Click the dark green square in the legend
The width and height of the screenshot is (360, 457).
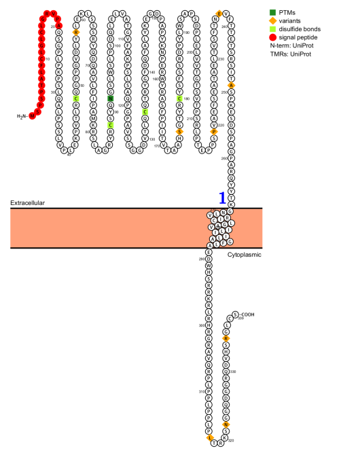272,12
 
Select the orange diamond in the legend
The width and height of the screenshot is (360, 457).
272,20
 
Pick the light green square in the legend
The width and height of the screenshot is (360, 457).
272,29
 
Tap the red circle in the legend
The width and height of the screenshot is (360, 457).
272,37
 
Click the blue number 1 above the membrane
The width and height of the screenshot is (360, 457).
222,198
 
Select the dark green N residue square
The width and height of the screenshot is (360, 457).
110,98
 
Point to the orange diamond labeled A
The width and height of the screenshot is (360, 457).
231,85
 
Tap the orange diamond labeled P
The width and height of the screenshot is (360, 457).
214,132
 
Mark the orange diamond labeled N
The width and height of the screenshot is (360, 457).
226,424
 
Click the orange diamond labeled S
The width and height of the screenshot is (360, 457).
180,132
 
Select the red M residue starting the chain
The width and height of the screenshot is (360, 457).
32,115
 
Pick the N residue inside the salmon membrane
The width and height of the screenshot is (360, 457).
223,213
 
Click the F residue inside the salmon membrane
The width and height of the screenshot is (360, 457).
223,243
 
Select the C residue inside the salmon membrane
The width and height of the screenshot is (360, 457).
214,221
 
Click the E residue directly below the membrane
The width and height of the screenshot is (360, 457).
209,253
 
